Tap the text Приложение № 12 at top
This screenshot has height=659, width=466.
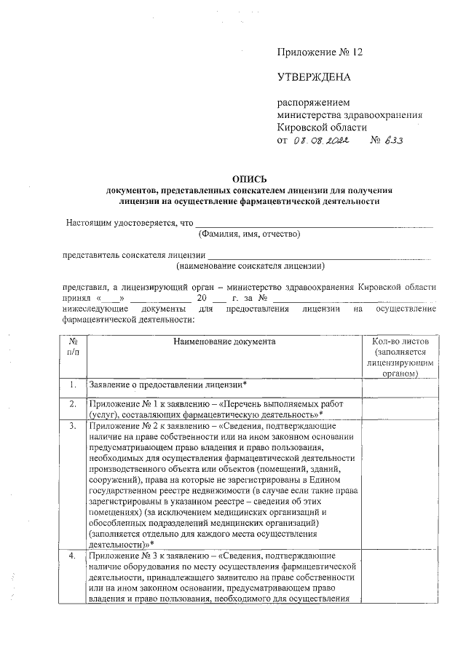pos(319,52)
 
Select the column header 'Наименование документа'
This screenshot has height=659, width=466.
pos(225,341)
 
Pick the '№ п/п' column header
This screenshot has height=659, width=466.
pos(73,346)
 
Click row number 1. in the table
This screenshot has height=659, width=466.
pos(73,384)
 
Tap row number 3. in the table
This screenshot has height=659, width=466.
pos(73,425)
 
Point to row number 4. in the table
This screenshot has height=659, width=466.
pos(73,555)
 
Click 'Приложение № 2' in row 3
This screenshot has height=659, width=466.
pos(121,425)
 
